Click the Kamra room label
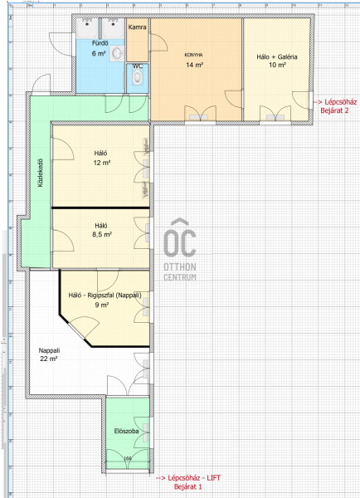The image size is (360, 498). (x=138, y=27)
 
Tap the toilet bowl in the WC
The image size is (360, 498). (x=138, y=77)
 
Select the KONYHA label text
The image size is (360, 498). (x=193, y=55)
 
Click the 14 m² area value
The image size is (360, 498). (x=195, y=65)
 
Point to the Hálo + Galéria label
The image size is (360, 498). (x=277, y=56)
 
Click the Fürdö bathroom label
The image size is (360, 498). (x=100, y=43)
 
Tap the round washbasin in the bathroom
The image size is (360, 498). (x=118, y=54)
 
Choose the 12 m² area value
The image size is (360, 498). (x=102, y=163)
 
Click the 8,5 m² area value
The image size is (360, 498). (x=102, y=235)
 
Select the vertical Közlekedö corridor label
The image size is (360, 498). (x=41, y=173)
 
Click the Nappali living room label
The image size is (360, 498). (x=49, y=350)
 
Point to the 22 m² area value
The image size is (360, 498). (x=49, y=359)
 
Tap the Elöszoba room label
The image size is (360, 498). (x=126, y=431)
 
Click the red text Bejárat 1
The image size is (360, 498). (x=187, y=486)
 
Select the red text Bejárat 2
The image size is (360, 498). (x=334, y=110)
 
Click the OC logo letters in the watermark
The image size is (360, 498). (x=180, y=238)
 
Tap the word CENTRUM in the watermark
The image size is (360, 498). (x=180, y=277)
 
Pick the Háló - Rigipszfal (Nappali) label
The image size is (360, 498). (x=105, y=295)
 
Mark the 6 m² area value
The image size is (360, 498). (x=99, y=53)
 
